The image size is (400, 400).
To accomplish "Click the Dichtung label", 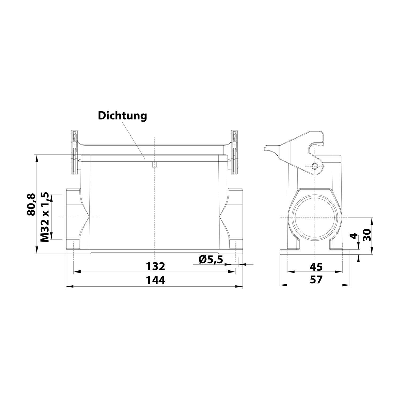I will click(122, 116).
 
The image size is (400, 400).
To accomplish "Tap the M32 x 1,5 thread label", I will click(45, 217).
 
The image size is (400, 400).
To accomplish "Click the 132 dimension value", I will click(155, 266).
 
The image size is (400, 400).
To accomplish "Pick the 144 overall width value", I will click(155, 280).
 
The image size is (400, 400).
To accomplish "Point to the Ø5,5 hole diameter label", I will click(211, 259).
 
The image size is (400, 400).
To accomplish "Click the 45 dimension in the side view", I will click(316, 266).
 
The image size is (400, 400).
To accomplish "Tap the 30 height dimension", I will click(368, 235).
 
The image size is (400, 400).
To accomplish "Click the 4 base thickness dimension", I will click(354, 236).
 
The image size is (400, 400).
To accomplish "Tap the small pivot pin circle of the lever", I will click(315, 167).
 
